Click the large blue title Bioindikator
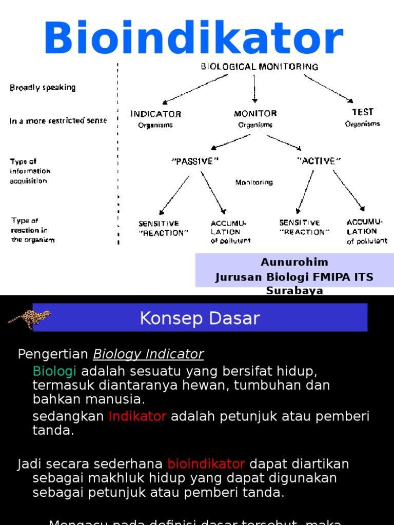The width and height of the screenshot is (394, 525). (193, 39)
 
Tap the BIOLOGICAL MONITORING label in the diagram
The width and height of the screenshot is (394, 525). (259, 67)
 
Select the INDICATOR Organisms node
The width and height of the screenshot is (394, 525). (155, 118)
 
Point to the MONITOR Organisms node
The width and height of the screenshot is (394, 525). (255, 118)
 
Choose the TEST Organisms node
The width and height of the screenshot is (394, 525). (362, 117)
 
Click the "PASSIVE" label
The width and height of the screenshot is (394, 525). (195, 161)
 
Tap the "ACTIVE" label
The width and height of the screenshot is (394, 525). (319, 160)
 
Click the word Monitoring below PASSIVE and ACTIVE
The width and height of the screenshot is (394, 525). (254, 182)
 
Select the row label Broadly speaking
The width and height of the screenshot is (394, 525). (43, 88)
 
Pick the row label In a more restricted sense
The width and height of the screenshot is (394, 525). (58, 121)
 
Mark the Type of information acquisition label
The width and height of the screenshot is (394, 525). (30, 171)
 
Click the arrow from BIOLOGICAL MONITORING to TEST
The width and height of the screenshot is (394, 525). (328, 88)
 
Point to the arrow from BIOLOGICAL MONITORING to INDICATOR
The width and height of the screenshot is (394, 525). (195, 89)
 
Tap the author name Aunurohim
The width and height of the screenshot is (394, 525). (294, 262)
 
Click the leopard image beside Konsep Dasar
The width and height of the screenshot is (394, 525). (29, 317)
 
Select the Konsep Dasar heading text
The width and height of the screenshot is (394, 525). (200, 318)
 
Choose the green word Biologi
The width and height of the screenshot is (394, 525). (54, 371)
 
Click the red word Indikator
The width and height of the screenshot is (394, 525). (137, 416)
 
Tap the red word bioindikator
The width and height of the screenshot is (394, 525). (206, 464)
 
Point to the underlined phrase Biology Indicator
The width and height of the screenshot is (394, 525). (148, 354)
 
